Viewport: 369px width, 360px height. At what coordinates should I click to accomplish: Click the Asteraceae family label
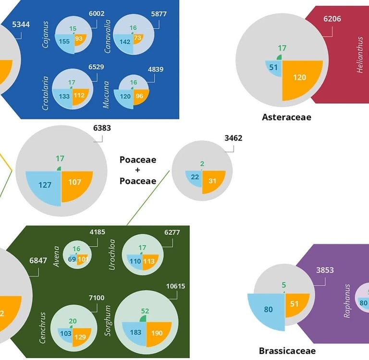[x=286, y=117]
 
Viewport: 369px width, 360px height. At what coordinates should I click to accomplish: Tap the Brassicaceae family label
[x=287, y=351]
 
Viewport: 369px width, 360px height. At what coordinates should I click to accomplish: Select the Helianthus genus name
[x=360, y=60]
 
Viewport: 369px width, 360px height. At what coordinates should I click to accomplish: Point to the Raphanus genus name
[x=347, y=301]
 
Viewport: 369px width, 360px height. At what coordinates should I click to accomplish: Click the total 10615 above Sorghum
[x=175, y=287]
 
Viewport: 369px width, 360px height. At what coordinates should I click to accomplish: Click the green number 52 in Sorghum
[x=145, y=311]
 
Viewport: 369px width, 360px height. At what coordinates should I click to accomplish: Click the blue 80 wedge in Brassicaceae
[x=268, y=310]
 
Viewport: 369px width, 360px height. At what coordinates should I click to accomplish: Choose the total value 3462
[x=233, y=138]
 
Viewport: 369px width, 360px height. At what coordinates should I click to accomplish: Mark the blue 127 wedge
[x=45, y=184]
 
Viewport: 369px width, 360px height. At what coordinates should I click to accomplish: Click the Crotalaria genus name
[x=46, y=93]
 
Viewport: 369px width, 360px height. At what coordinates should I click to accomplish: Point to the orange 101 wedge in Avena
[x=82, y=260]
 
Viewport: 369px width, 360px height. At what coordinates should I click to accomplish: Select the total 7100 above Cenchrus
[x=96, y=298]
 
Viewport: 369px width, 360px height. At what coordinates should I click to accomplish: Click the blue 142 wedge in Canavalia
[x=124, y=42]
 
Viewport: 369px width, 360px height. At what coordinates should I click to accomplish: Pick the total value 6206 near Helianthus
[x=332, y=19]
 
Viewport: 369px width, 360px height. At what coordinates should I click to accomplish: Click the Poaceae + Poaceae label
[x=138, y=170]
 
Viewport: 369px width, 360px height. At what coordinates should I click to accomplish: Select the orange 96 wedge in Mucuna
[x=140, y=96]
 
